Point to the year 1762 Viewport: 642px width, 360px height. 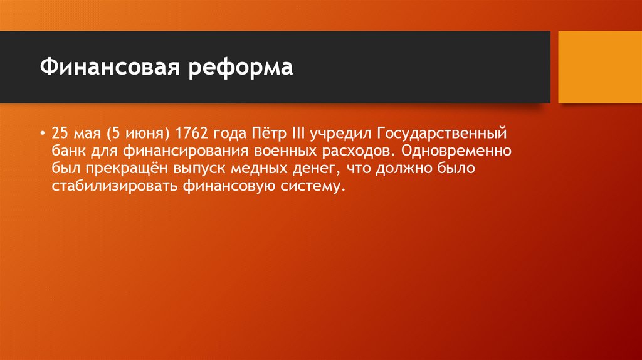coord(192,134)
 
